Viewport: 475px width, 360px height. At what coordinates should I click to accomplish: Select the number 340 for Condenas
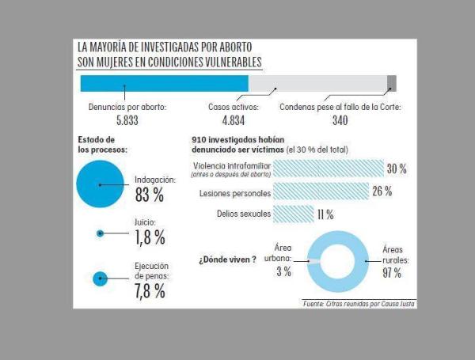tap(339, 120)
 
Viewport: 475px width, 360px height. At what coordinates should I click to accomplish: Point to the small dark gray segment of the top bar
tap(392, 83)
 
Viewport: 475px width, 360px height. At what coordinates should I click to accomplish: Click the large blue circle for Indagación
tap(101, 184)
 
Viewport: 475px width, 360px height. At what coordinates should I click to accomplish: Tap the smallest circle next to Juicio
tap(101, 233)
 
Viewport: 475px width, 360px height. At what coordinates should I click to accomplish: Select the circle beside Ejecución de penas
tap(101, 278)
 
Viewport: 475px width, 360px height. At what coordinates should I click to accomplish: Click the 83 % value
tap(149, 194)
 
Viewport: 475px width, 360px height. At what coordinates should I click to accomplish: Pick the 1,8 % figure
tap(149, 237)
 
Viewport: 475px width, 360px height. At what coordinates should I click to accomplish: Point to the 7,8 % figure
tap(149, 290)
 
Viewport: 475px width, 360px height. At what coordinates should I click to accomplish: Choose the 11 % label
tap(325, 214)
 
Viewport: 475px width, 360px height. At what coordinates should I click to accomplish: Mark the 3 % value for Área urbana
tap(283, 272)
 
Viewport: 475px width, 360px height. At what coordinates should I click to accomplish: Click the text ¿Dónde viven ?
tap(227, 259)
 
